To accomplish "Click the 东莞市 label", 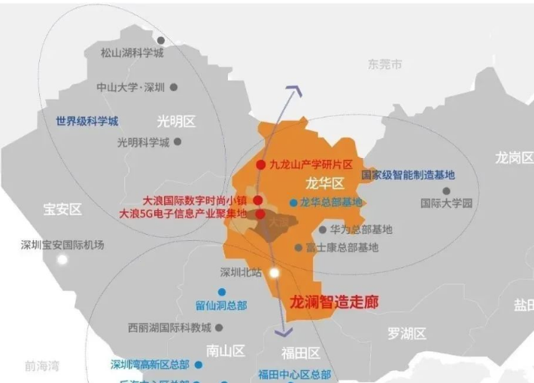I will (x=385, y=65).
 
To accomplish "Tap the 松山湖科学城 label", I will (x=132, y=53).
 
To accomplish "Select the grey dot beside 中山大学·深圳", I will (x=174, y=87).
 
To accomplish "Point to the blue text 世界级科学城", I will (x=86, y=120).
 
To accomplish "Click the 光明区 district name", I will (x=176, y=121).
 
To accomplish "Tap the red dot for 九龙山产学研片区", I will (x=260, y=164).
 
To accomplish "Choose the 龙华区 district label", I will (x=324, y=183).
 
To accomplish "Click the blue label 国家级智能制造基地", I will (x=408, y=175).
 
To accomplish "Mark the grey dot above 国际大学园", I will (x=446, y=190).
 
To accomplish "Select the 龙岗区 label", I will (x=514, y=157).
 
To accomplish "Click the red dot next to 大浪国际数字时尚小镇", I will (x=258, y=200).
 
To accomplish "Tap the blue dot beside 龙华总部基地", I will (x=293, y=202).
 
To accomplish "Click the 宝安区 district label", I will (x=62, y=210).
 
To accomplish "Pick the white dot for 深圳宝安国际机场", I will (x=62, y=259).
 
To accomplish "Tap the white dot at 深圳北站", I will (x=275, y=272).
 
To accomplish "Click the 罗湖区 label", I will (x=407, y=333).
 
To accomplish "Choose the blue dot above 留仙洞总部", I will (x=221, y=292).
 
